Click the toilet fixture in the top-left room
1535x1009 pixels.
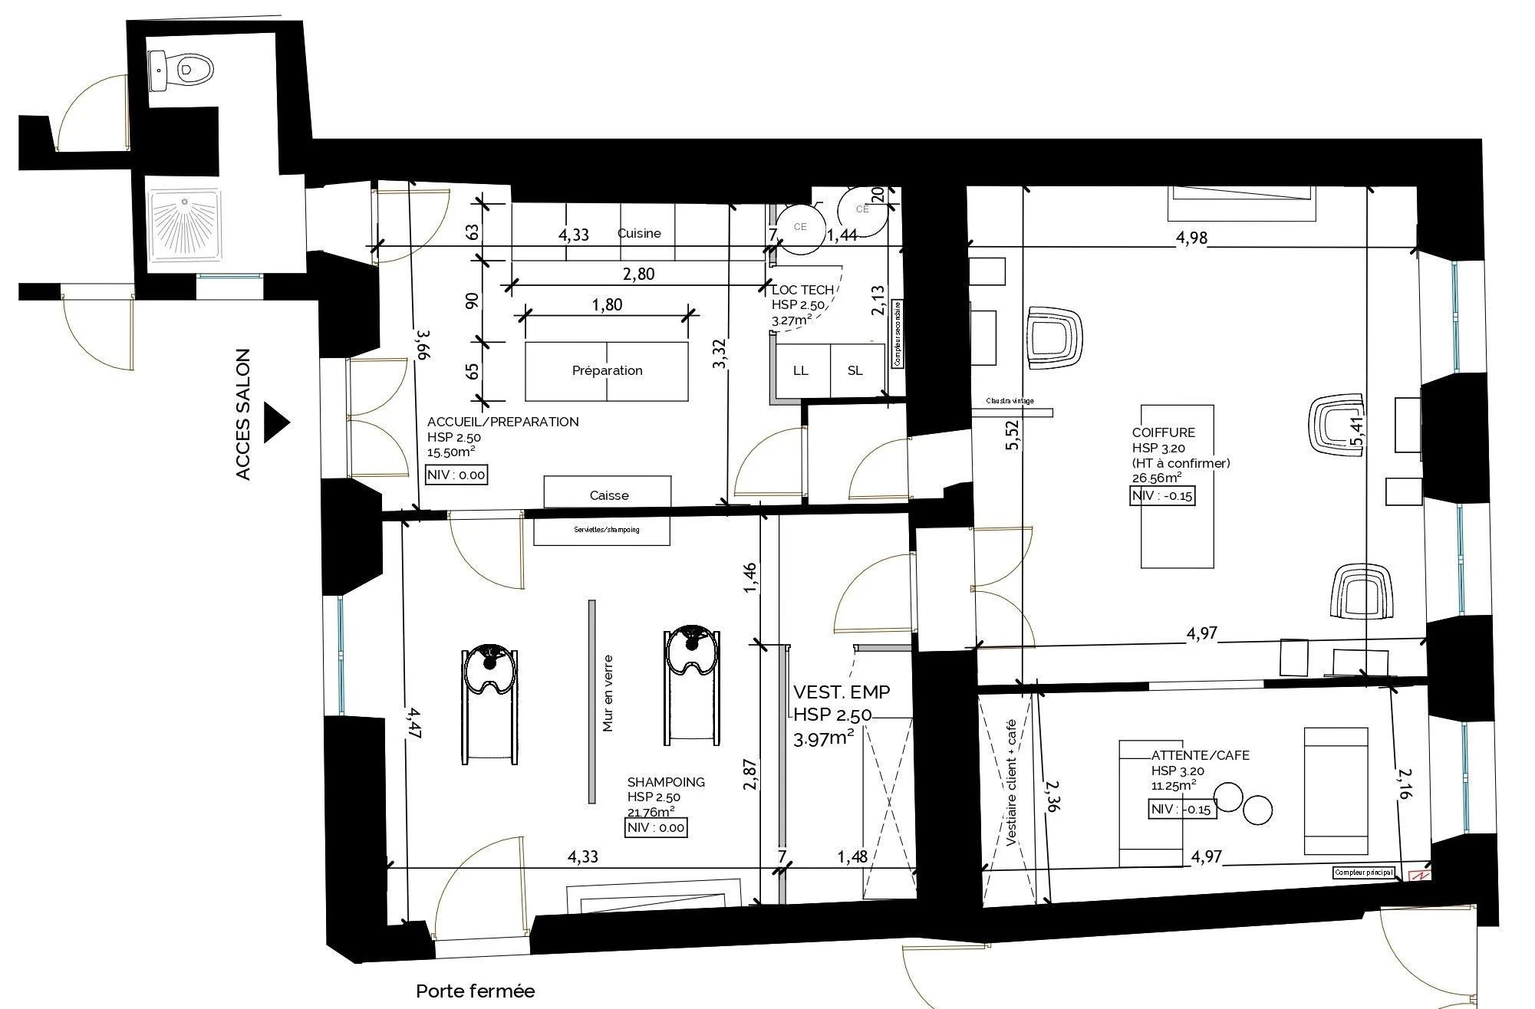[x=183, y=70]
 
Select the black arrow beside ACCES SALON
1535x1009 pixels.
[x=276, y=422]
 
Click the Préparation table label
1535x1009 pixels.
[x=607, y=371]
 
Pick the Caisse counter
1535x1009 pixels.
[x=608, y=495]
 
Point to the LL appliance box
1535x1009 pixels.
[x=801, y=371]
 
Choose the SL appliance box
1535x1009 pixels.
[x=855, y=371]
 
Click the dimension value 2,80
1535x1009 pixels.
[x=638, y=274]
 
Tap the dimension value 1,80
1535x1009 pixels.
[x=607, y=305]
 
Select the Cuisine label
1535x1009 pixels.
[x=639, y=233]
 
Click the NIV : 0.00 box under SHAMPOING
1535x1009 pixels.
[x=656, y=828]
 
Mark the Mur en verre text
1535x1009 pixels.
[x=608, y=692]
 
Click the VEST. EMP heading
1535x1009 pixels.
[x=842, y=692]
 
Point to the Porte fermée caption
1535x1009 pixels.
[x=475, y=991]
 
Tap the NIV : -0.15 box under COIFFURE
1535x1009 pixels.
[x=1163, y=496]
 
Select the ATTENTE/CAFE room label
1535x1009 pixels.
[x=1200, y=755]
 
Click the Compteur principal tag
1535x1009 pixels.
[x=1363, y=873]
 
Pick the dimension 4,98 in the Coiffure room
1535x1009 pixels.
[x=1191, y=238]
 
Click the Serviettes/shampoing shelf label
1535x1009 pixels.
[x=606, y=530]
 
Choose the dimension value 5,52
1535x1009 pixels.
[x=1013, y=435]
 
